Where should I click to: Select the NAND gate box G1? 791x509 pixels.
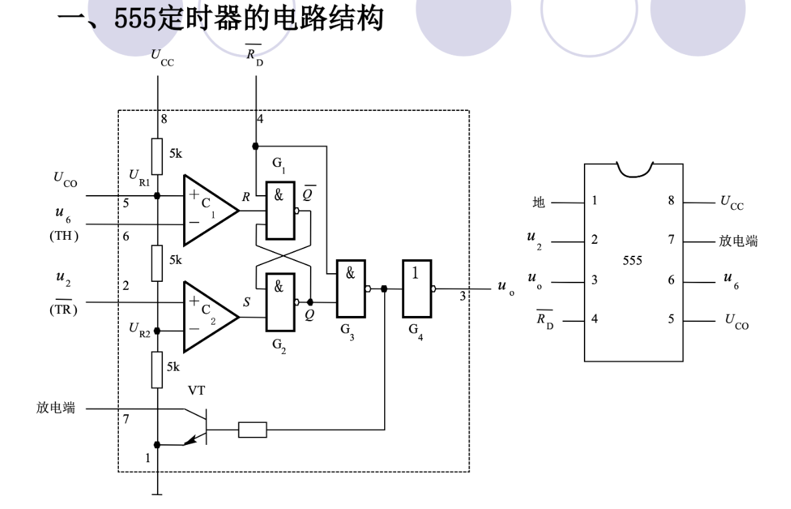click(281, 210)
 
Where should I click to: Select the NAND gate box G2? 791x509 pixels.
click(281, 303)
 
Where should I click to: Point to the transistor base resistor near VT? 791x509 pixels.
click(253, 430)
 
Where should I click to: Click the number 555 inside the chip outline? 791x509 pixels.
click(633, 261)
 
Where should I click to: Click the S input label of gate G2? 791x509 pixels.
click(247, 303)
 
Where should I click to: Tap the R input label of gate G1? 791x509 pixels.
click(247, 198)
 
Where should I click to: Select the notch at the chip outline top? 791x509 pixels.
click(634, 173)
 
